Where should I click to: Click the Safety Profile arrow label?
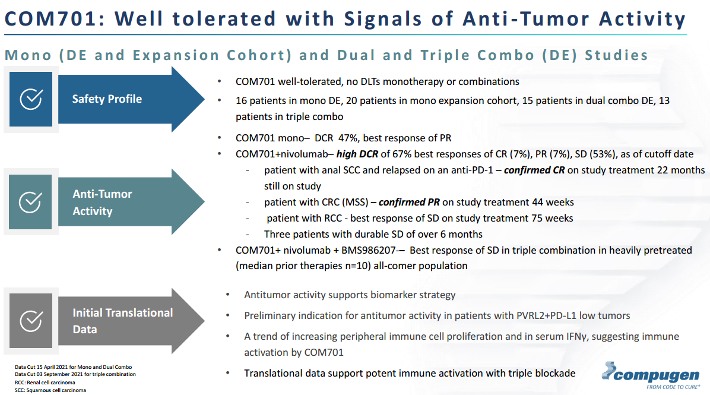[107, 99]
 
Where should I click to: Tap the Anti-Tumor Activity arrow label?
[102, 202]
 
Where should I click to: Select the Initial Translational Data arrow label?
[123, 321]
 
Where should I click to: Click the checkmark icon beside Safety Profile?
[31, 99]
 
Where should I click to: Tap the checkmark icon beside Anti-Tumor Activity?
[31, 202]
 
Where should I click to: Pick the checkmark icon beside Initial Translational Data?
[31, 321]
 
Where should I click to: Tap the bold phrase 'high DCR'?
[360, 154]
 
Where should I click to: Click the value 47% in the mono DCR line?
[348, 138]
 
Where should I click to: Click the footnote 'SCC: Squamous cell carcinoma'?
[50, 390]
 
